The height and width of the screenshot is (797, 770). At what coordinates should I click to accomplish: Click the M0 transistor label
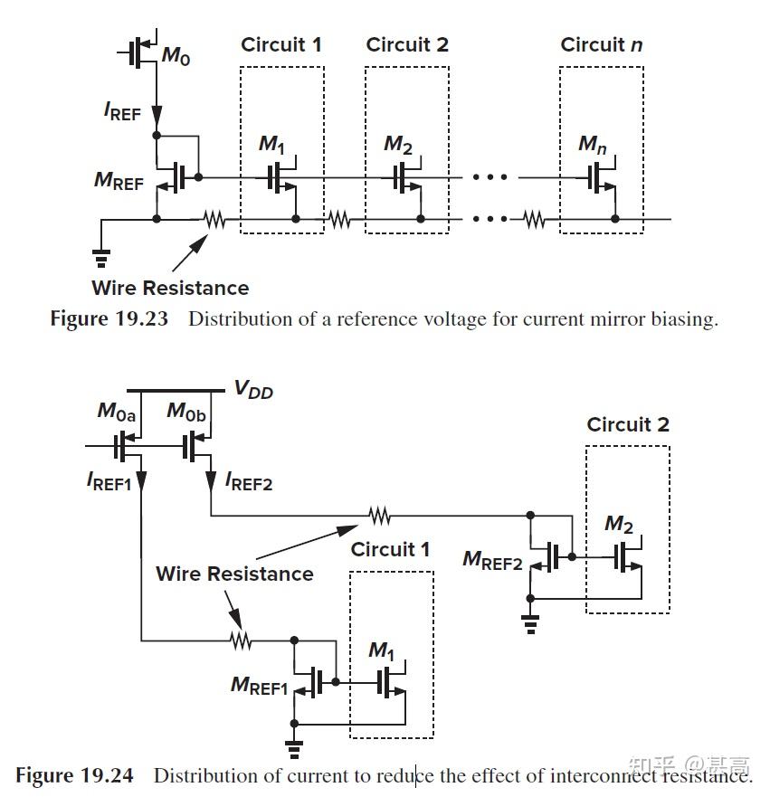176,56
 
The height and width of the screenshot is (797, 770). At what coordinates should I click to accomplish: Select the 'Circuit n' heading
601,45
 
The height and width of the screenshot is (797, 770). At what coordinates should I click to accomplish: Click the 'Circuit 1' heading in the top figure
280,45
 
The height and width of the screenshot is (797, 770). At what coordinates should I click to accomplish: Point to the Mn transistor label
593,144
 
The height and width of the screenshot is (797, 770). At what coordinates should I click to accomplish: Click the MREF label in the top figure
119,181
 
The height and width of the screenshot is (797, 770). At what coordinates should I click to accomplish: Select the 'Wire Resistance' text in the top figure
170,289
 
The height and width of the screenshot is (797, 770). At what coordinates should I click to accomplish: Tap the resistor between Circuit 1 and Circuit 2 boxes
339,219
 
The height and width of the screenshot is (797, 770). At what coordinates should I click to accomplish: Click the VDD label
253,390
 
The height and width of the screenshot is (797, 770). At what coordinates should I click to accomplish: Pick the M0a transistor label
117,413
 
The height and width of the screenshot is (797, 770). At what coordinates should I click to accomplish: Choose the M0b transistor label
187,413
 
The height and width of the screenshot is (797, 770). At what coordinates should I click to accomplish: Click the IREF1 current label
109,482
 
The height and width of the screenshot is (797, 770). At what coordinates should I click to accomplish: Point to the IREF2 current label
249,481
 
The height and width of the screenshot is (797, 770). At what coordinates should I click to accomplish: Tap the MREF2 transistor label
492,560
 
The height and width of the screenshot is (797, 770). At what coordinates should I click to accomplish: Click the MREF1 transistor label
259,685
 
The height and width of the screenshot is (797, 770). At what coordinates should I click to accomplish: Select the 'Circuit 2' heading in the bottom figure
628,425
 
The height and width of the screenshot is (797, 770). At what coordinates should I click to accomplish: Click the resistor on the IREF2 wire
380,516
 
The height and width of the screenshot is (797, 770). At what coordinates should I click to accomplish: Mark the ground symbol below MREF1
293,747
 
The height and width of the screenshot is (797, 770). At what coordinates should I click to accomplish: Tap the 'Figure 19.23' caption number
109,319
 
